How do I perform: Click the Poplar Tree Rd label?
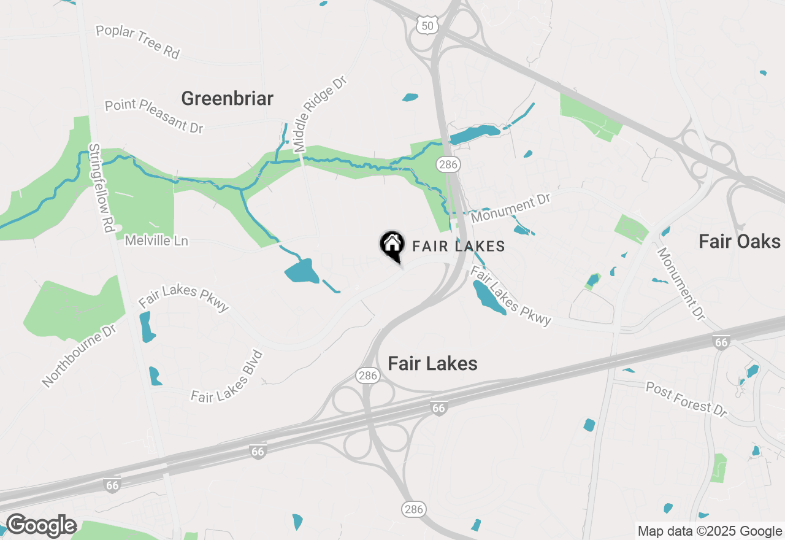click(137, 42)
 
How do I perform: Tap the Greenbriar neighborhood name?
click(227, 98)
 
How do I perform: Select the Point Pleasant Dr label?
click(153, 115)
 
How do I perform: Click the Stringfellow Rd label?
click(102, 188)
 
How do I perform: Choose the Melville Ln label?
click(156, 241)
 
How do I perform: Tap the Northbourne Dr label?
click(79, 356)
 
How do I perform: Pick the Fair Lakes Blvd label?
click(227, 377)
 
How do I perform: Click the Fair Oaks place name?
click(740, 242)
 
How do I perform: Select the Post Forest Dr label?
click(686, 399)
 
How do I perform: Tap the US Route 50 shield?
click(425, 25)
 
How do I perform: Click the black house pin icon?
click(392, 245)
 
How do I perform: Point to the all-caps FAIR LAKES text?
click(458, 246)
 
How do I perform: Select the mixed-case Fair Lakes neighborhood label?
click(432, 363)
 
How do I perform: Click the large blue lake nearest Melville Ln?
click(302, 271)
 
